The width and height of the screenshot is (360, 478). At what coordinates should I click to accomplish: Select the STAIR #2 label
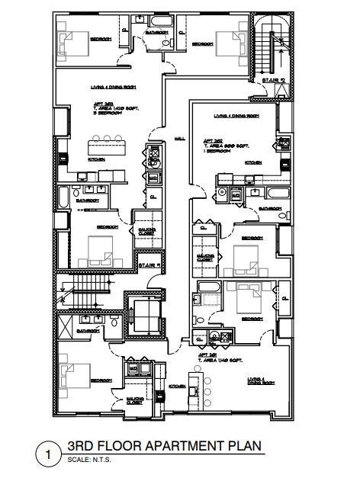[x=272, y=79]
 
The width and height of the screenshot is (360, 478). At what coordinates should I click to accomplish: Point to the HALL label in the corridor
[x=181, y=139]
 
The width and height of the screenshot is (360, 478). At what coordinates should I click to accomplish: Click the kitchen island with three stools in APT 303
[x=108, y=146]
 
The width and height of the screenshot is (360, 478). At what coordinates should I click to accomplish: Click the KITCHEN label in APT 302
[x=253, y=162]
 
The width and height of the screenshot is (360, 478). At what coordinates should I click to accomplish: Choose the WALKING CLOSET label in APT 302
[x=204, y=257]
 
